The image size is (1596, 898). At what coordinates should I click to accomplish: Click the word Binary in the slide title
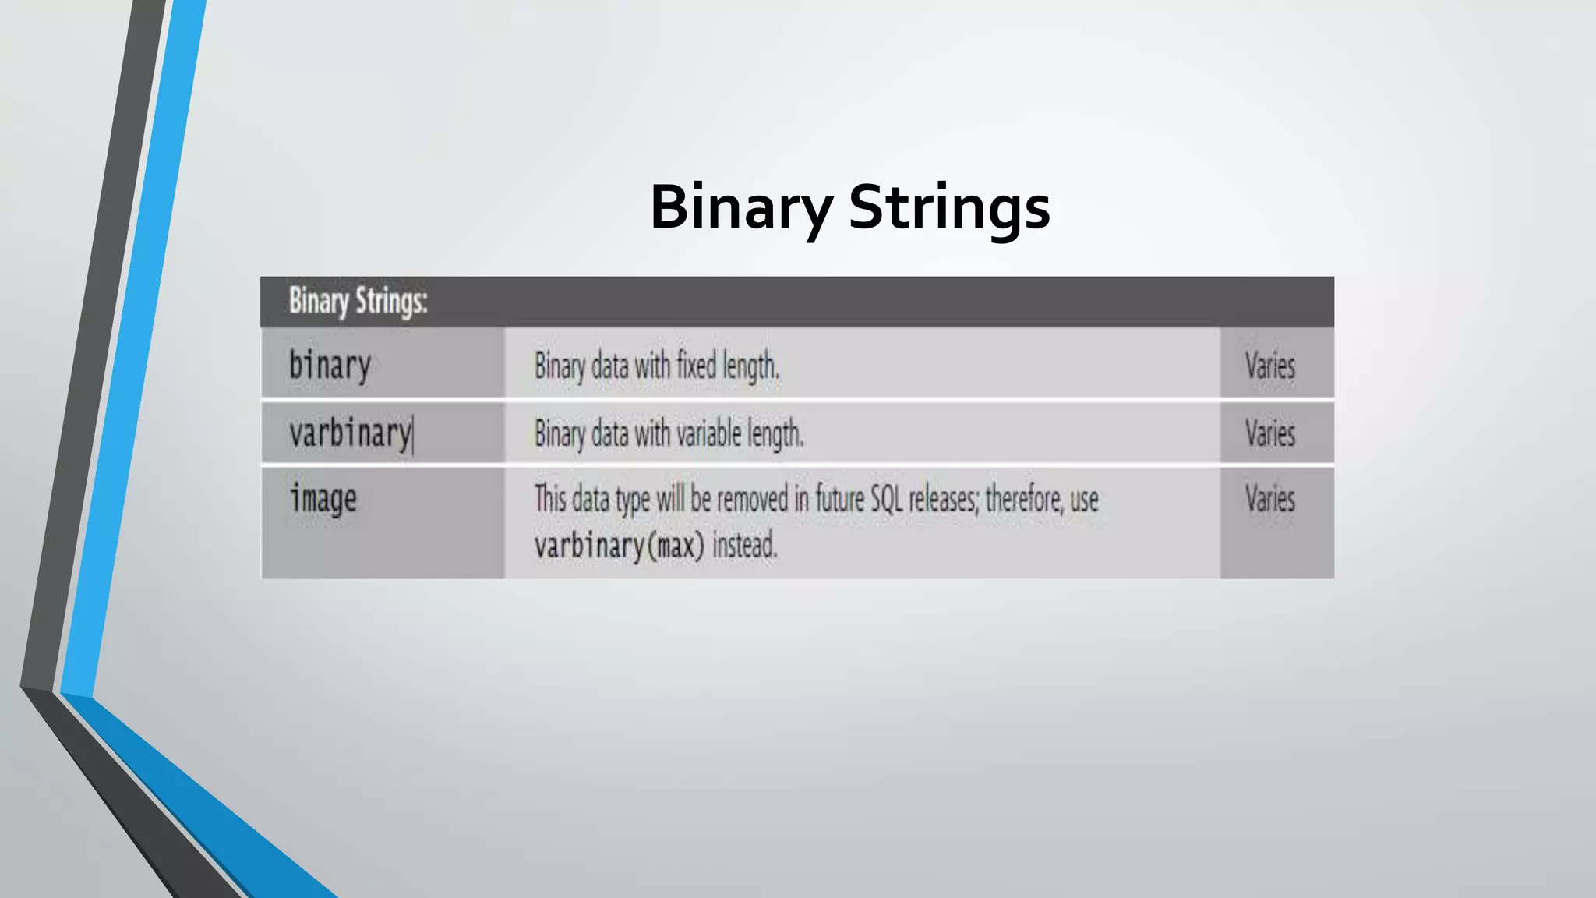741,207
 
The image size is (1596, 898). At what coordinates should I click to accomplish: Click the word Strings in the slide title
949,207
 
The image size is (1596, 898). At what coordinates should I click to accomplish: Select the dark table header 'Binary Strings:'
358,301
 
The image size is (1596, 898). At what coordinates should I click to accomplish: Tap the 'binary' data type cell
330,365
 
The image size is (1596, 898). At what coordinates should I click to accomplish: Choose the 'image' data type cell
323,499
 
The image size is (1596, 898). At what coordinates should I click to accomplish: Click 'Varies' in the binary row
1269,366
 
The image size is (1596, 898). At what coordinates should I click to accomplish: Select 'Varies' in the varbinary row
1269,433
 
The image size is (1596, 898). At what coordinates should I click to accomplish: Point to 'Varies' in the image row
1269,499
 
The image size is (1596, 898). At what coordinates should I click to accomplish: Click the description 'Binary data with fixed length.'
657,366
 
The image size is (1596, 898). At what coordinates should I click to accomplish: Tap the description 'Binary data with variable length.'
669,433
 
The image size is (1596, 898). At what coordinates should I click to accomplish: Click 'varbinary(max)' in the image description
619,545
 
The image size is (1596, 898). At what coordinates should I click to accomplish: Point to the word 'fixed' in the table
696,365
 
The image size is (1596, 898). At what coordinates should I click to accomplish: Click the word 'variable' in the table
704,433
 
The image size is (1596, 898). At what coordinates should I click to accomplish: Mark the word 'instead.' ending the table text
745,545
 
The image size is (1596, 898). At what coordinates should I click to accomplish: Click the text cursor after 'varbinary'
414,435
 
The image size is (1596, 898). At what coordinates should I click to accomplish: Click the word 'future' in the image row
839,499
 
